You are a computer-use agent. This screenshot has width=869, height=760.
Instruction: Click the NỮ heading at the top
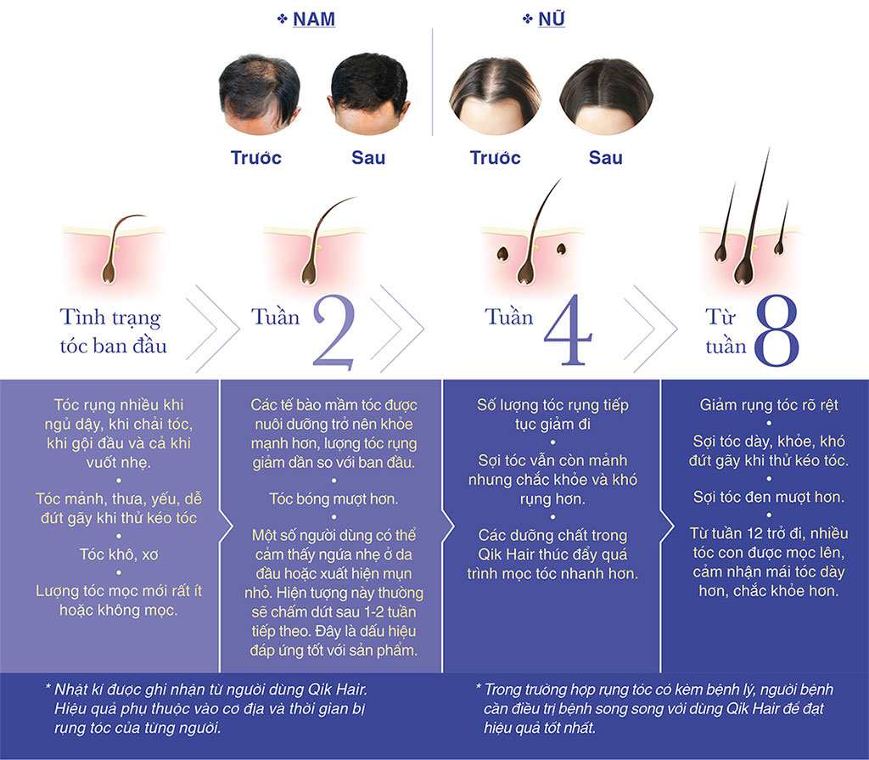(x=551, y=19)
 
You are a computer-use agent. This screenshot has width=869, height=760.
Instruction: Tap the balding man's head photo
(x=259, y=93)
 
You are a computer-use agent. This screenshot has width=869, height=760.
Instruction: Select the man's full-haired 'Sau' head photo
(x=368, y=93)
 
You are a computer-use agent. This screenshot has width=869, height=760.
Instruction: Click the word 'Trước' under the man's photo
(x=255, y=158)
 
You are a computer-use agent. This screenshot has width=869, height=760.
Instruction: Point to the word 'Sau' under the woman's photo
(x=606, y=158)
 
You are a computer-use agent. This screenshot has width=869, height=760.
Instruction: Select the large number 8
(x=776, y=334)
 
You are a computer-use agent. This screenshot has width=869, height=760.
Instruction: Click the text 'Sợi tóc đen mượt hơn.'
(x=768, y=497)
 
